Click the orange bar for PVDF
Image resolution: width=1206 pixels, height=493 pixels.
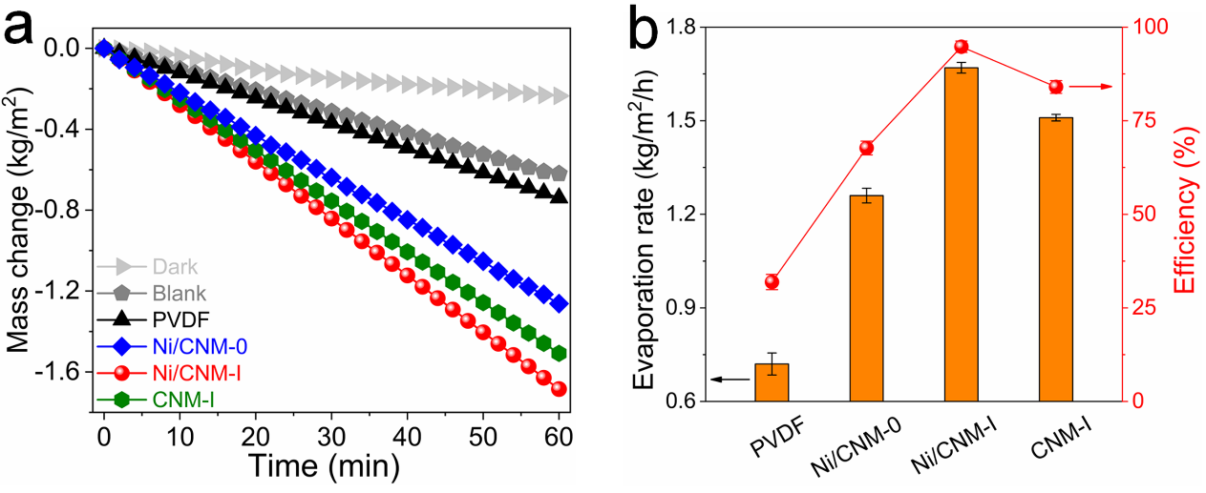[772, 381]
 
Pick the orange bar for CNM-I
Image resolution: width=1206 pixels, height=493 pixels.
[1056, 258]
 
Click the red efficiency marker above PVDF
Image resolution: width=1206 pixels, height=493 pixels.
[772, 281]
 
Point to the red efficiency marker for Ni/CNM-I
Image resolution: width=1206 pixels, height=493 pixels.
[961, 47]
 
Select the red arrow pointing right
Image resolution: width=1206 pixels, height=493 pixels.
[1090, 87]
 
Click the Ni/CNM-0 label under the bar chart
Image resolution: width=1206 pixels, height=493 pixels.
[857, 443]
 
